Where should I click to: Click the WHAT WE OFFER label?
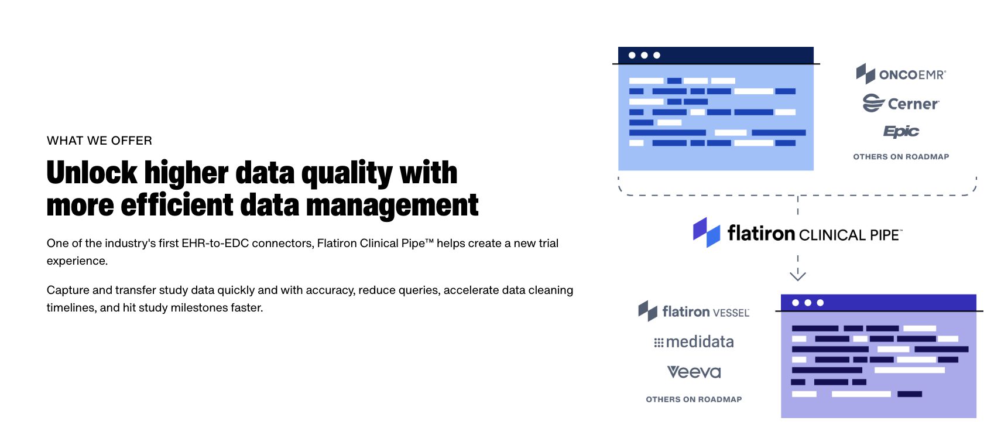coord(100,141)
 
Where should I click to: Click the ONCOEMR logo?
coord(901,74)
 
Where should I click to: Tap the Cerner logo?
coord(901,104)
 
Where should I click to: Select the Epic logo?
coord(901,131)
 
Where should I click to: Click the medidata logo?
coord(694,342)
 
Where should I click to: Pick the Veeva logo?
coord(694,372)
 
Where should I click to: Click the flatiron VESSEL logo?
coord(694,312)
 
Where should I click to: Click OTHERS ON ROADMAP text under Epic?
coord(901,157)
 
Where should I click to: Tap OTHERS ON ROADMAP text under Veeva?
coord(694,399)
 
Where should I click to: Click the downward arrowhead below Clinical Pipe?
coord(798,275)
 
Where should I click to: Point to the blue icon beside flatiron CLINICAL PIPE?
coord(707,232)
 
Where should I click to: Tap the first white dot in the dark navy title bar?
coord(632,55)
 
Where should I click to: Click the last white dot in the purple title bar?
coord(820,303)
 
